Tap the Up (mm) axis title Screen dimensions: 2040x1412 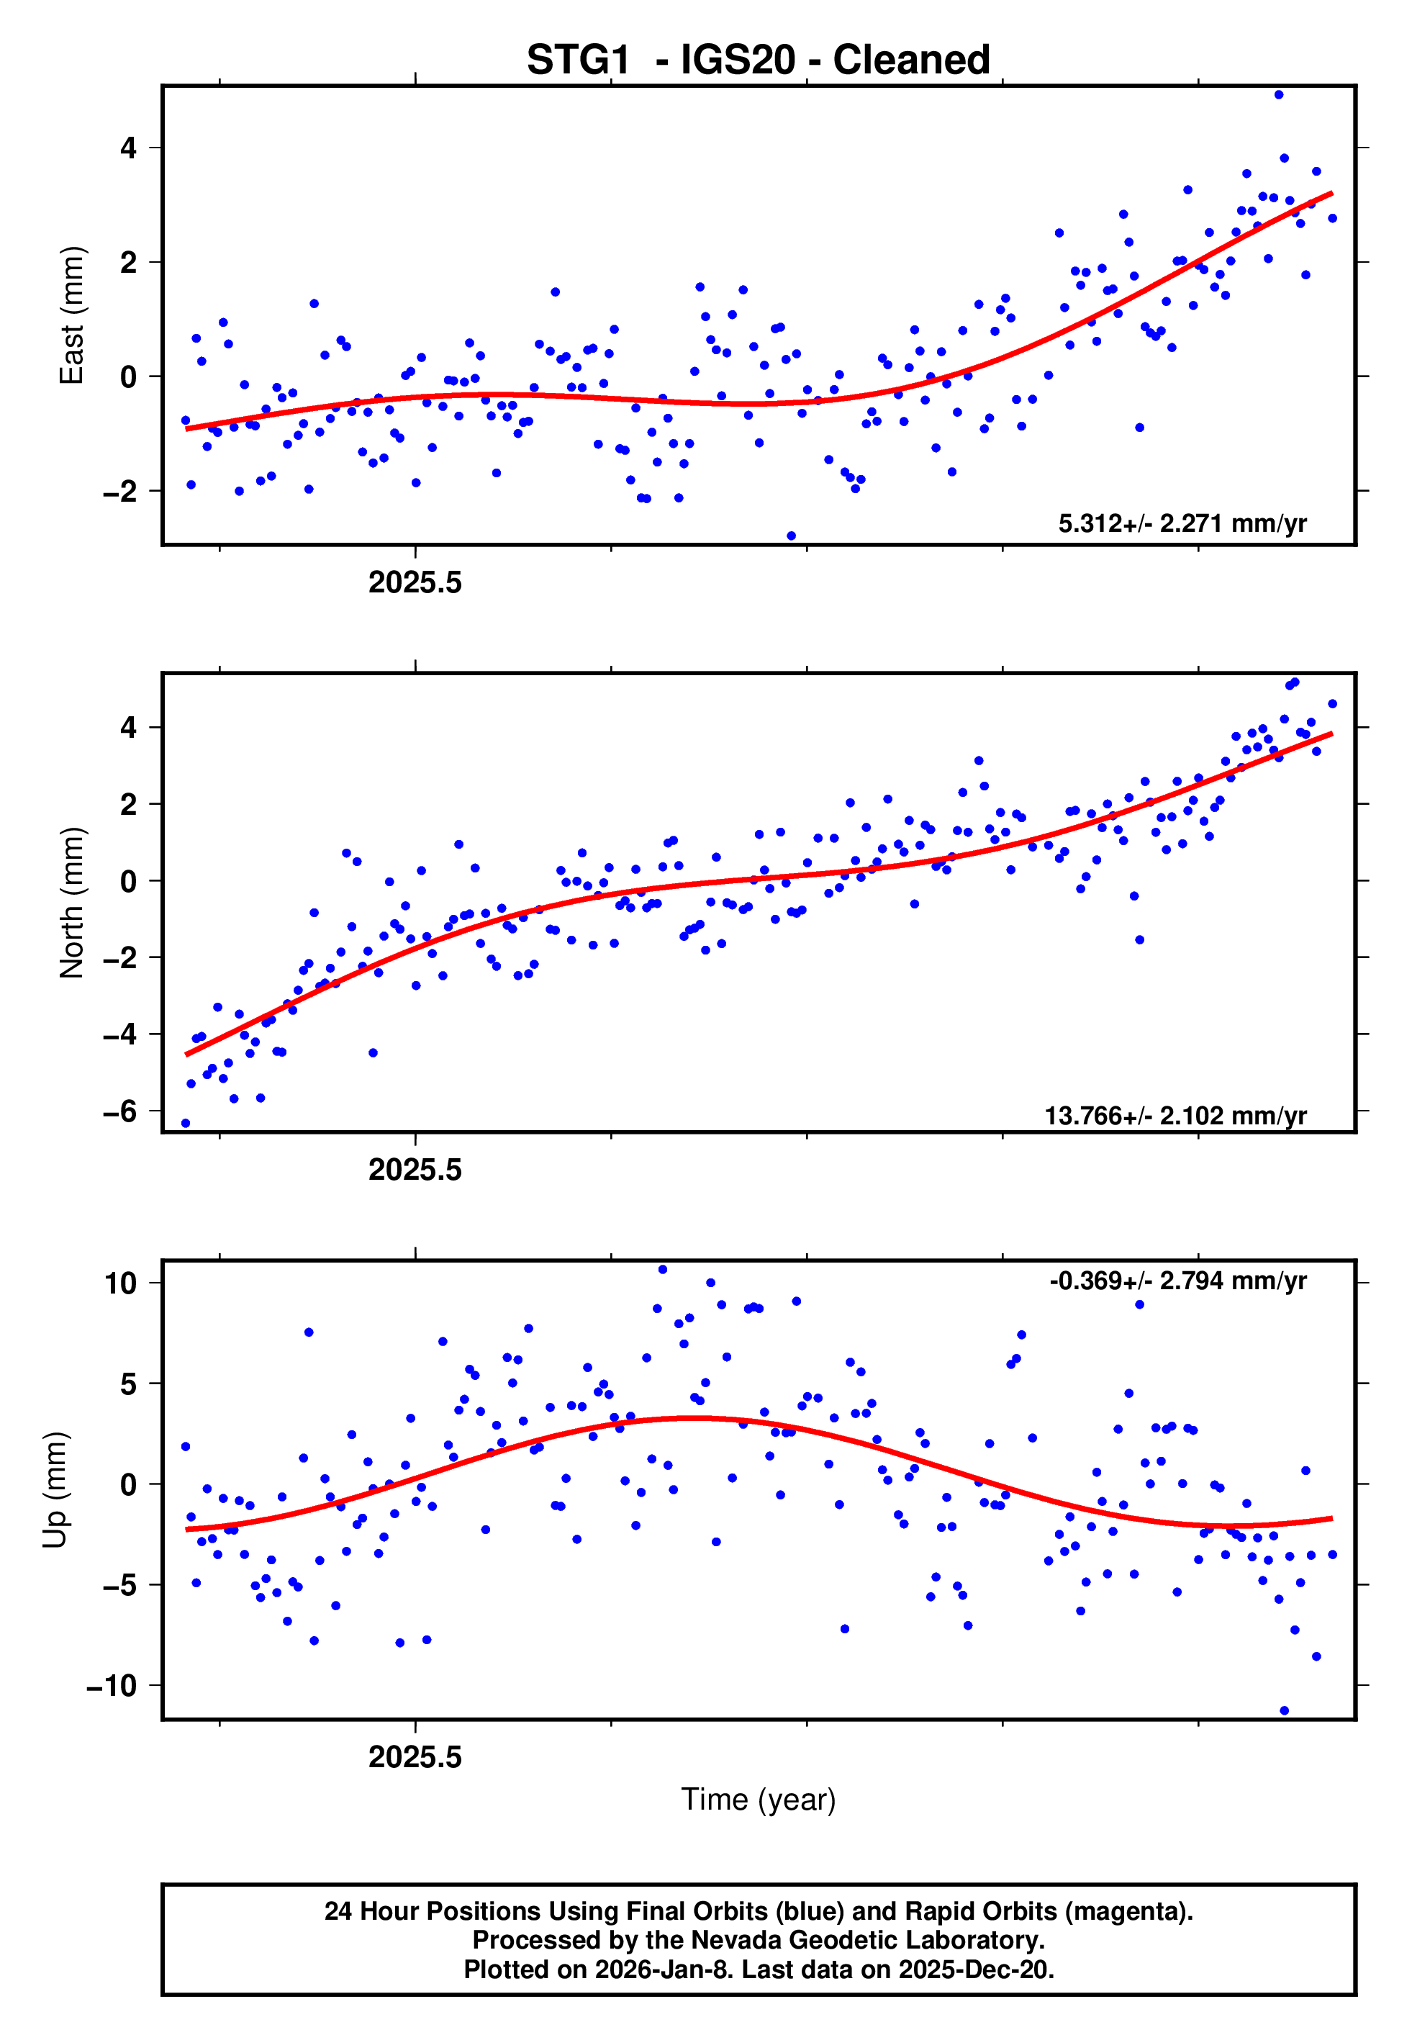click(55, 1490)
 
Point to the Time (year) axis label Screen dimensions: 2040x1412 click(759, 1800)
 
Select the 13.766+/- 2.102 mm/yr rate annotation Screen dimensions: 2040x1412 click(1175, 1116)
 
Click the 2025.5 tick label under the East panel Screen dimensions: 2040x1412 click(415, 583)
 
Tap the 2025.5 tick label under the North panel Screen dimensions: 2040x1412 click(415, 1170)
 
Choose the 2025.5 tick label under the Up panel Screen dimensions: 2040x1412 click(415, 1757)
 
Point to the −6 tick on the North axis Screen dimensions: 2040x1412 click(120, 1111)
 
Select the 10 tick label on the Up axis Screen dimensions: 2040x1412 click(120, 1283)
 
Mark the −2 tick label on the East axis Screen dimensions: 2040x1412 click(120, 491)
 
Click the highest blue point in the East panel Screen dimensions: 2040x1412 click(1278, 94)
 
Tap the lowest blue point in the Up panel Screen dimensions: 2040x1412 click(1284, 1711)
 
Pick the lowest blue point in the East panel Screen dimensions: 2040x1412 click(791, 536)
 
